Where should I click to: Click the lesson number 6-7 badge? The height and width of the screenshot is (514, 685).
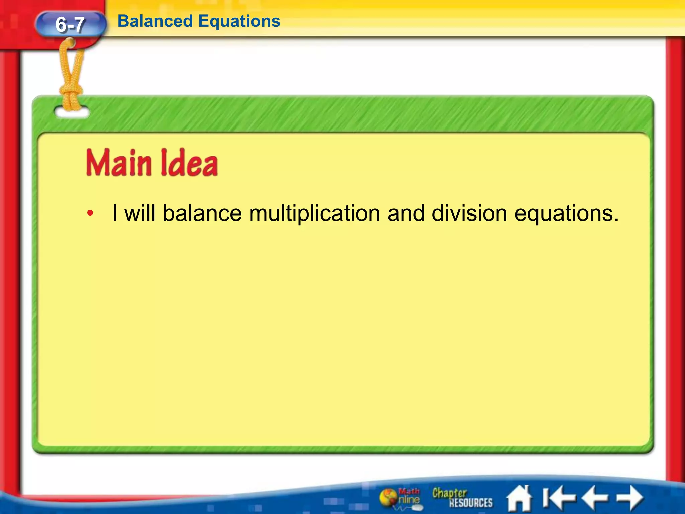(70, 24)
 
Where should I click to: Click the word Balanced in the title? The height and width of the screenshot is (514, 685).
(155, 21)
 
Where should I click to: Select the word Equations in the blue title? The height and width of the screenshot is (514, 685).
(239, 21)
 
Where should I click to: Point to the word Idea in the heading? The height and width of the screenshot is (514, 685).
(189, 163)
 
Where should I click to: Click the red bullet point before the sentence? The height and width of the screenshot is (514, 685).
(90, 213)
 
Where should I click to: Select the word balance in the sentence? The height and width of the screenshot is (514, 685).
(202, 213)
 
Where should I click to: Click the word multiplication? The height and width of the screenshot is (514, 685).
(314, 213)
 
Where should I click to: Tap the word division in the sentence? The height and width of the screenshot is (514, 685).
(469, 213)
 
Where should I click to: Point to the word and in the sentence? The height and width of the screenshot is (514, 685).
(406, 213)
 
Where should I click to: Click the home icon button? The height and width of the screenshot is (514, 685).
(519, 499)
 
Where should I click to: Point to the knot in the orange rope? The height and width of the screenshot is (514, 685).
(71, 92)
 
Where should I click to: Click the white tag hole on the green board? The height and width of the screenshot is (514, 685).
(72, 113)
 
